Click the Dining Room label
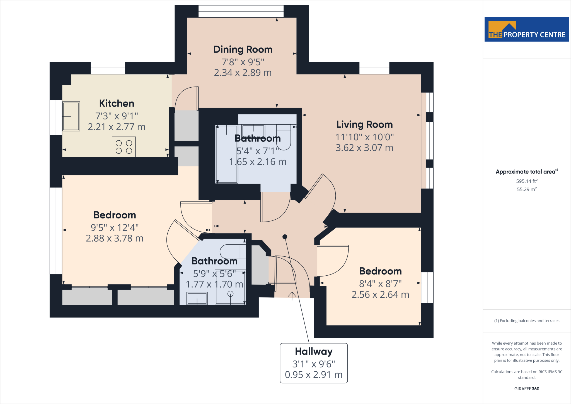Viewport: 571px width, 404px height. click(x=243, y=49)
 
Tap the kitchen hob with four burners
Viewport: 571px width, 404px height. click(x=124, y=147)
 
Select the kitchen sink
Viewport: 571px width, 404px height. click(x=71, y=116)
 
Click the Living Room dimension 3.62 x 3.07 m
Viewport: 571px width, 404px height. click(x=364, y=148)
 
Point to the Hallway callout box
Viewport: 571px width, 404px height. click(x=314, y=363)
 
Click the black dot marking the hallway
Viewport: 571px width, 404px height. click(x=285, y=237)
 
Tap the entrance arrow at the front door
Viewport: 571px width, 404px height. click(x=292, y=296)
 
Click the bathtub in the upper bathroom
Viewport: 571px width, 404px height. click(x=226, y=154)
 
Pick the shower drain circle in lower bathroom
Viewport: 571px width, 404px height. click(x=230, y=294)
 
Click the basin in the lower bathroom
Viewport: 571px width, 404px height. click(x=197, y=298)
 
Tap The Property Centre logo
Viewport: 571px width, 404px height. click(x=526, y=30)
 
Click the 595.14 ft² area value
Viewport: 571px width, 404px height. click(x=526, y=181)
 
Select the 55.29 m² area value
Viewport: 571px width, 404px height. click(x=526, y=189)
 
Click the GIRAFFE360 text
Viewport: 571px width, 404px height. click(x=526, y=389)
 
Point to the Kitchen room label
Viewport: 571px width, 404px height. click(x=117, y=104)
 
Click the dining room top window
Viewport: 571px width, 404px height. click(x=241, y=11)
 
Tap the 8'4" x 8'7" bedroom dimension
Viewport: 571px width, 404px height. click(x=380, y=284)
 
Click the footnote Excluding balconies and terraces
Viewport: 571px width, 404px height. click(x=526, y=321)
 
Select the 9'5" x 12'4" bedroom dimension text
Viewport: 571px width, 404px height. click(x=115, y=228)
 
